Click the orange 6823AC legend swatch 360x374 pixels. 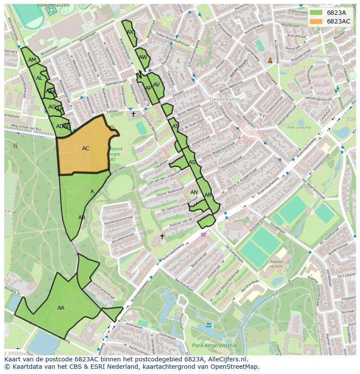317,21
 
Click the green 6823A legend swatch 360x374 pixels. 317,13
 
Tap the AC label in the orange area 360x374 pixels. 86,149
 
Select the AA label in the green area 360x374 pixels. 61,308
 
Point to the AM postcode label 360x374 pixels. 32,60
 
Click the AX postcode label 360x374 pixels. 130,32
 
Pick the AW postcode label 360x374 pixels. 143,57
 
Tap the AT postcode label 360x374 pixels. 175,126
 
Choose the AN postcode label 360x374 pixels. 194,192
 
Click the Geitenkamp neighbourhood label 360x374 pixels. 224,99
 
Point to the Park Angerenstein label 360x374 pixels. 214,346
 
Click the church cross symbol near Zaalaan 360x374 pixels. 133,114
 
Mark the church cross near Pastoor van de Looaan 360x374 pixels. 162,236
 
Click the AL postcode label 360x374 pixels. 39,78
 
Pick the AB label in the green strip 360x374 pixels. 82,218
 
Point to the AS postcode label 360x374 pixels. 192,162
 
